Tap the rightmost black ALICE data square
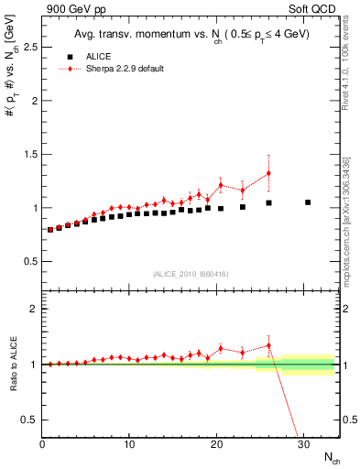[x=308, y=202]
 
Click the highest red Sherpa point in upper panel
[x=268, y=173]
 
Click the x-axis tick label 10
[x=129, y=444]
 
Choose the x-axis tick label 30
[x=303, y=444]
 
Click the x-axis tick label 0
[x=42, y=444]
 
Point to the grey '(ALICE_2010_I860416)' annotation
[x=191, y=274]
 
